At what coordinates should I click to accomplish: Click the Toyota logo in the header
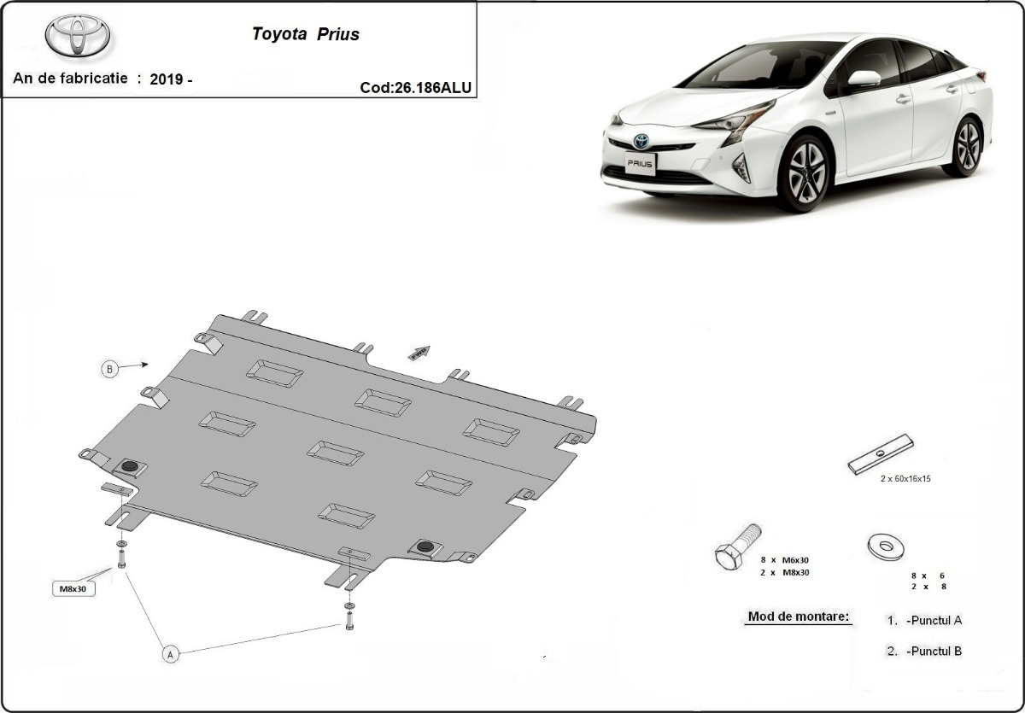(78, 36)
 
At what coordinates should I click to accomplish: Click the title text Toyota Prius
(305, 35)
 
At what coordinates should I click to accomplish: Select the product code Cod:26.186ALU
(416, 87)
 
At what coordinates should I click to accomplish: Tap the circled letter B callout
(108, 369)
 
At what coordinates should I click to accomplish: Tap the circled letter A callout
(170, 654)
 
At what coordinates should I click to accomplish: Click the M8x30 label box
(73, 589)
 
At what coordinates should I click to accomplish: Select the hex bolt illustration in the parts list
(736, 546)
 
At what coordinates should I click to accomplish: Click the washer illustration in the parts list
(885, 546)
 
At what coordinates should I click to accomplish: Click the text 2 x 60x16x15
(905, 479)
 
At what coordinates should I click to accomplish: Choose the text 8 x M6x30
(784, 559)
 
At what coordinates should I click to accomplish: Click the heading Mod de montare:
(799, 617)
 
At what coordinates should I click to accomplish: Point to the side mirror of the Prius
(864, 79)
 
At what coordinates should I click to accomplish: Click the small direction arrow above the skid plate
(419, 353)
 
